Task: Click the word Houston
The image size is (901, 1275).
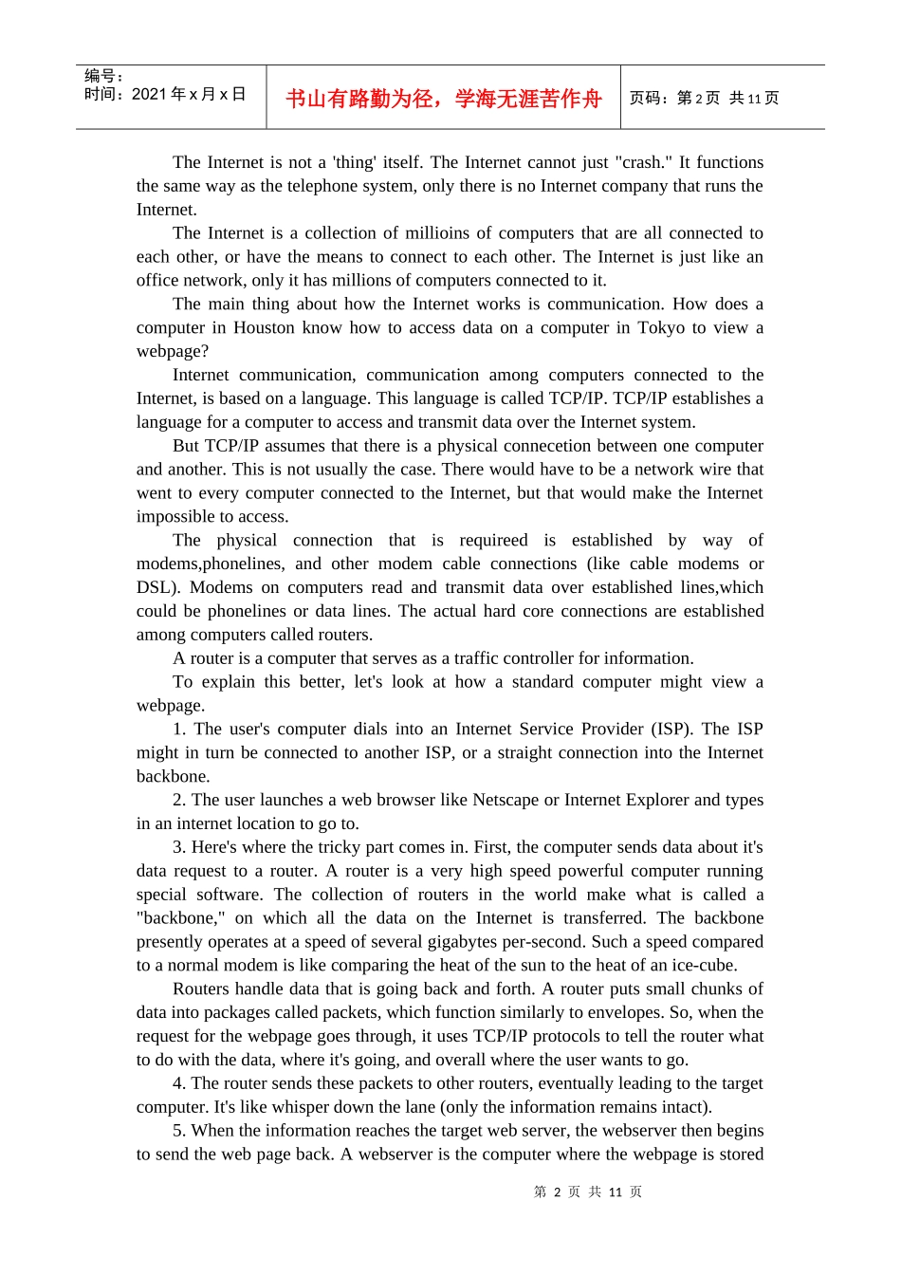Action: [x=264, y=327]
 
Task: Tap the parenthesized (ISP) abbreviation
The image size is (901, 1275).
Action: [x=670, y=729]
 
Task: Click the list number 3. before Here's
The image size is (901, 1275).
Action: [x=179, y=847]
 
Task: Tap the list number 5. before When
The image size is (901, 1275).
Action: [x=179, y=1131]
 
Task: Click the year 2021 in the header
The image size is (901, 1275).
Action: [x=149, y=94]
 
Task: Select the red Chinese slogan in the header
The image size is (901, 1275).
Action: [x=443, y=99]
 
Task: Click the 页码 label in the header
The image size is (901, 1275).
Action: [x=648, y=99]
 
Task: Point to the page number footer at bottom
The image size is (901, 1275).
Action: [x=587, y=1192]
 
